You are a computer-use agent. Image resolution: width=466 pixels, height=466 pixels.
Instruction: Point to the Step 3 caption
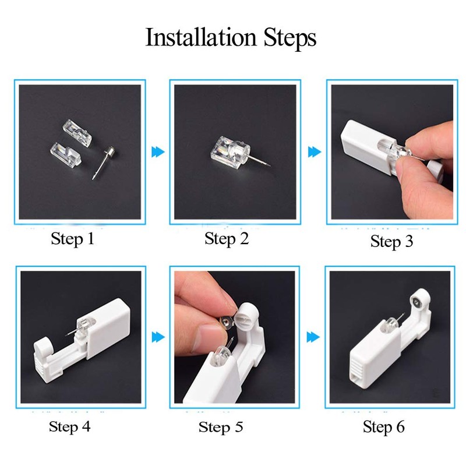391,241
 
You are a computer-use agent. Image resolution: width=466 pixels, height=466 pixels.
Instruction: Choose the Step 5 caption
221,427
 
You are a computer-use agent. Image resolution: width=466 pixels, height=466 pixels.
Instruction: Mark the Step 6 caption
383,426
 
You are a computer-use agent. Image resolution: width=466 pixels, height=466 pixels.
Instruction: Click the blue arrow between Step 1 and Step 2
158,152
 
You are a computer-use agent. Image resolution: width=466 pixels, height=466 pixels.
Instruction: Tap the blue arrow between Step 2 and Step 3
314,152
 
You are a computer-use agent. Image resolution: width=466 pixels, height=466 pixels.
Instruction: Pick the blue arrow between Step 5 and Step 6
314,337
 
